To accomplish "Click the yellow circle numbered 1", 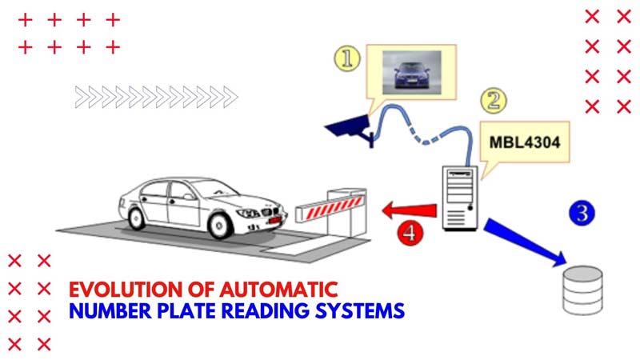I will point(346,58).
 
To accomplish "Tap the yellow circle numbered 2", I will point(494,101).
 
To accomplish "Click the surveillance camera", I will point(350,128).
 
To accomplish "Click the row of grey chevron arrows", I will point(156,97).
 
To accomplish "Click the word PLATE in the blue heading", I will point(185,310).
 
